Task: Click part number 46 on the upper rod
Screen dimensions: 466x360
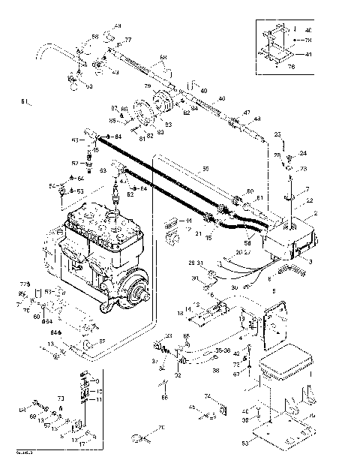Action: pos(221,98)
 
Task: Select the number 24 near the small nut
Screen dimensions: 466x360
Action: pos(303,154)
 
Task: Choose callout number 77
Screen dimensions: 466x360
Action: pos(128,40)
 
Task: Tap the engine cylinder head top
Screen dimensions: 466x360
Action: pos(98,223)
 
